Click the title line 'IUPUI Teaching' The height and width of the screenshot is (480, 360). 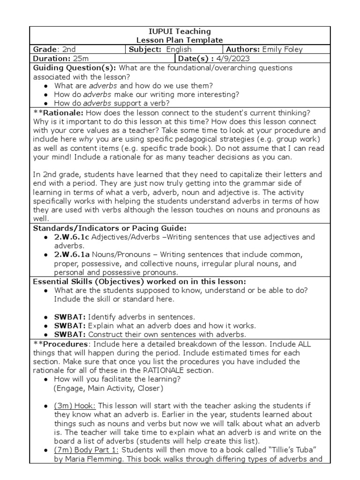[180, 31]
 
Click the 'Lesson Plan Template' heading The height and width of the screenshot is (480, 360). [180, 40]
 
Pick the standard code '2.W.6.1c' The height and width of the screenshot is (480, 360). [71, 237]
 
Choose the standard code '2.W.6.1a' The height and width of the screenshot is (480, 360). [72, 255]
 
